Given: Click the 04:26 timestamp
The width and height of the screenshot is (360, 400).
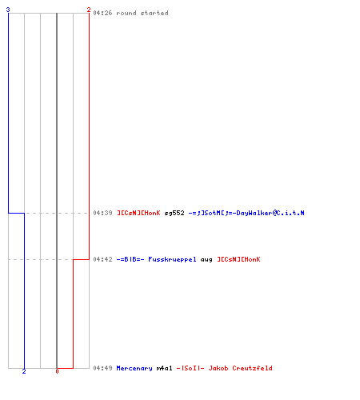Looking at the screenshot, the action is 102,13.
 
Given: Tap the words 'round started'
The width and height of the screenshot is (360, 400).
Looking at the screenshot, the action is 142,13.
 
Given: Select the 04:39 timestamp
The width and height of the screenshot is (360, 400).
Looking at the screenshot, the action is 102,213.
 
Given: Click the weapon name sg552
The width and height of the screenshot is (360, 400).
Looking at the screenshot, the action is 174,213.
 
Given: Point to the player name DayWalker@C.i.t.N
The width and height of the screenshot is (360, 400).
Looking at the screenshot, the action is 270,213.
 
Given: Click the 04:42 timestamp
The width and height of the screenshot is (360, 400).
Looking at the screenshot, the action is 102,259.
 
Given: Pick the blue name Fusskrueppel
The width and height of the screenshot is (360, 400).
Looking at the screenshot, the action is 172,259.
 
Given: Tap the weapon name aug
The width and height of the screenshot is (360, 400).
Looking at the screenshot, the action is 206,260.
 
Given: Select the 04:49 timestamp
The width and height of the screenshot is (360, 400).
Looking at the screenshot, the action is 102,368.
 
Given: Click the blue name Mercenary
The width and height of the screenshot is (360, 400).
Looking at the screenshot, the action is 134,368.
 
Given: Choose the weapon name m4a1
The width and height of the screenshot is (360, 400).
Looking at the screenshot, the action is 164,368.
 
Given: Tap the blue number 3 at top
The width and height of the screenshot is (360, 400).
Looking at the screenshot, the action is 8,10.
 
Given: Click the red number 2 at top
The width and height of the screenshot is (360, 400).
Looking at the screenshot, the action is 89,10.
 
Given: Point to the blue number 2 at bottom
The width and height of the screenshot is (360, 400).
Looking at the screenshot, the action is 24,371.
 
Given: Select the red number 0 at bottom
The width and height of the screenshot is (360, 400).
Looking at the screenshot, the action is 57,371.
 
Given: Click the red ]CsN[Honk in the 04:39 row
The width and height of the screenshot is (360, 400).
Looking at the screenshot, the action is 138,213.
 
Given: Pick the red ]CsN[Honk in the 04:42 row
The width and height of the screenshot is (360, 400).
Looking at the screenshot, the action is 238,259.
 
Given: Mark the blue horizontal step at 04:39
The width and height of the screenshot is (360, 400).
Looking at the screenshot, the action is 17,213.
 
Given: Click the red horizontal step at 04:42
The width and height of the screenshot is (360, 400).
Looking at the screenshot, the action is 81,259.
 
